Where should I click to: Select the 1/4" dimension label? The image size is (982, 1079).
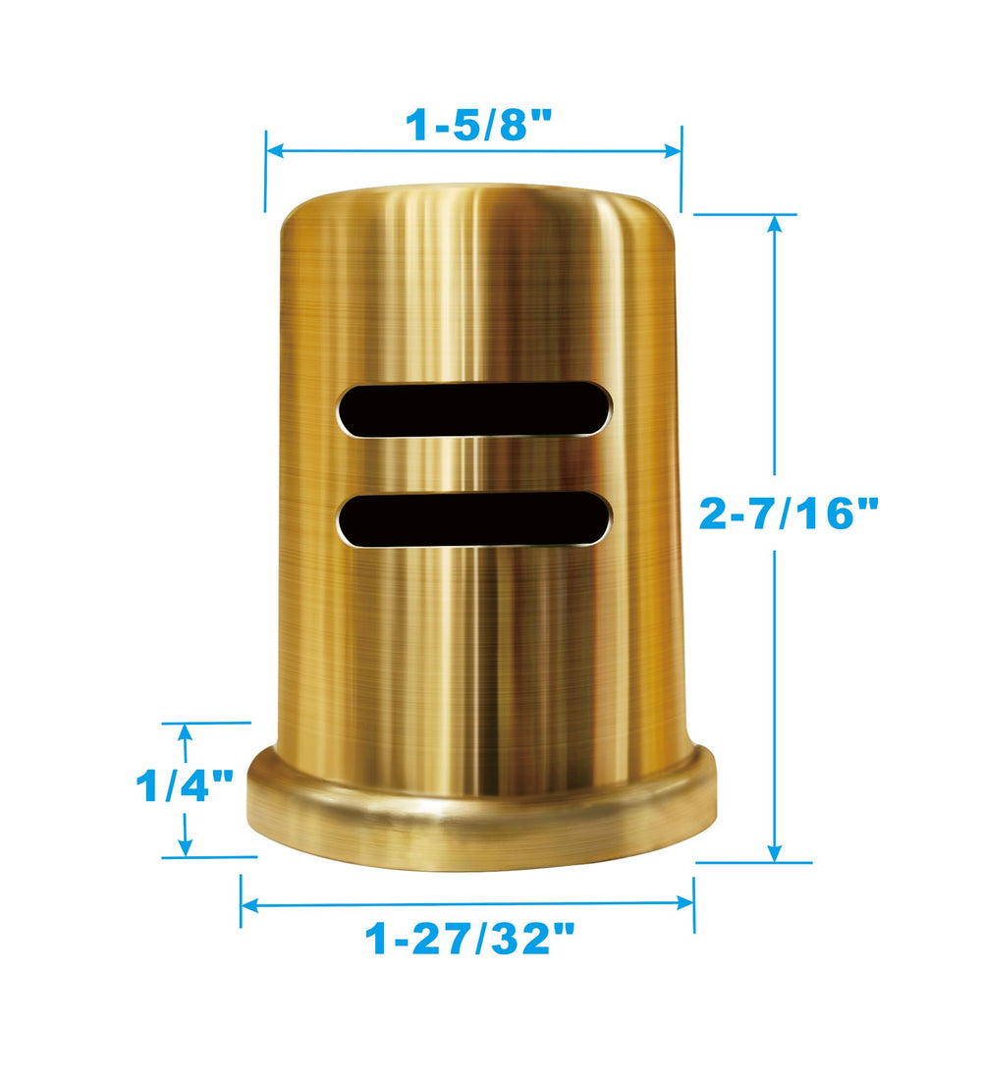tap(184, 785)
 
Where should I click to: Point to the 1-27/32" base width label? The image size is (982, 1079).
tap(469, 940)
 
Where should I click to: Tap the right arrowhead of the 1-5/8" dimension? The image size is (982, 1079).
tap(672, 151)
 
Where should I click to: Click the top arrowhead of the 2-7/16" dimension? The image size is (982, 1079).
tap(776, 225)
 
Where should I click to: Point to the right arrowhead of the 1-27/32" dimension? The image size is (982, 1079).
tap(684, 903)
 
